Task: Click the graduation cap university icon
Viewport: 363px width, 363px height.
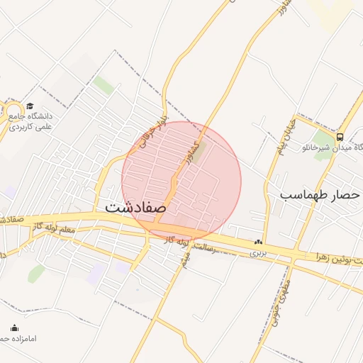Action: (x=29, y=105)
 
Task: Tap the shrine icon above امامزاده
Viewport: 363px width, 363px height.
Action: (x=14, y=328)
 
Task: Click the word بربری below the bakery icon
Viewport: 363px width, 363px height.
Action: (x=257, y=252)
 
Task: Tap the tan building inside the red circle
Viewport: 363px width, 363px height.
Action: (x=199, y=150)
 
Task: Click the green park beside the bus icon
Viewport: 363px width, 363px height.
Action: (x=323, y=138)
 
